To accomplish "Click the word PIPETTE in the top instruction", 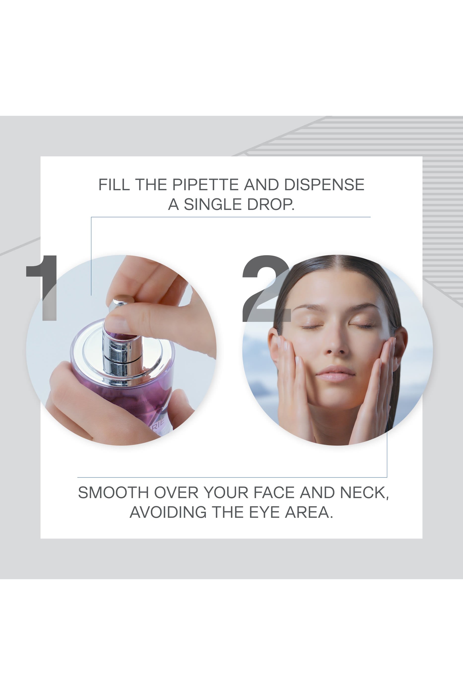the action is (205, 185).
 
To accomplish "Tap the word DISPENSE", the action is (324, 185).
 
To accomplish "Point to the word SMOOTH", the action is (113, 493).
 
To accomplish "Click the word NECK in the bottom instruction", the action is (364, 493).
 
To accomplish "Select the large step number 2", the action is (266, 288).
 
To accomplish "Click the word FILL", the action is (114, 185).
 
